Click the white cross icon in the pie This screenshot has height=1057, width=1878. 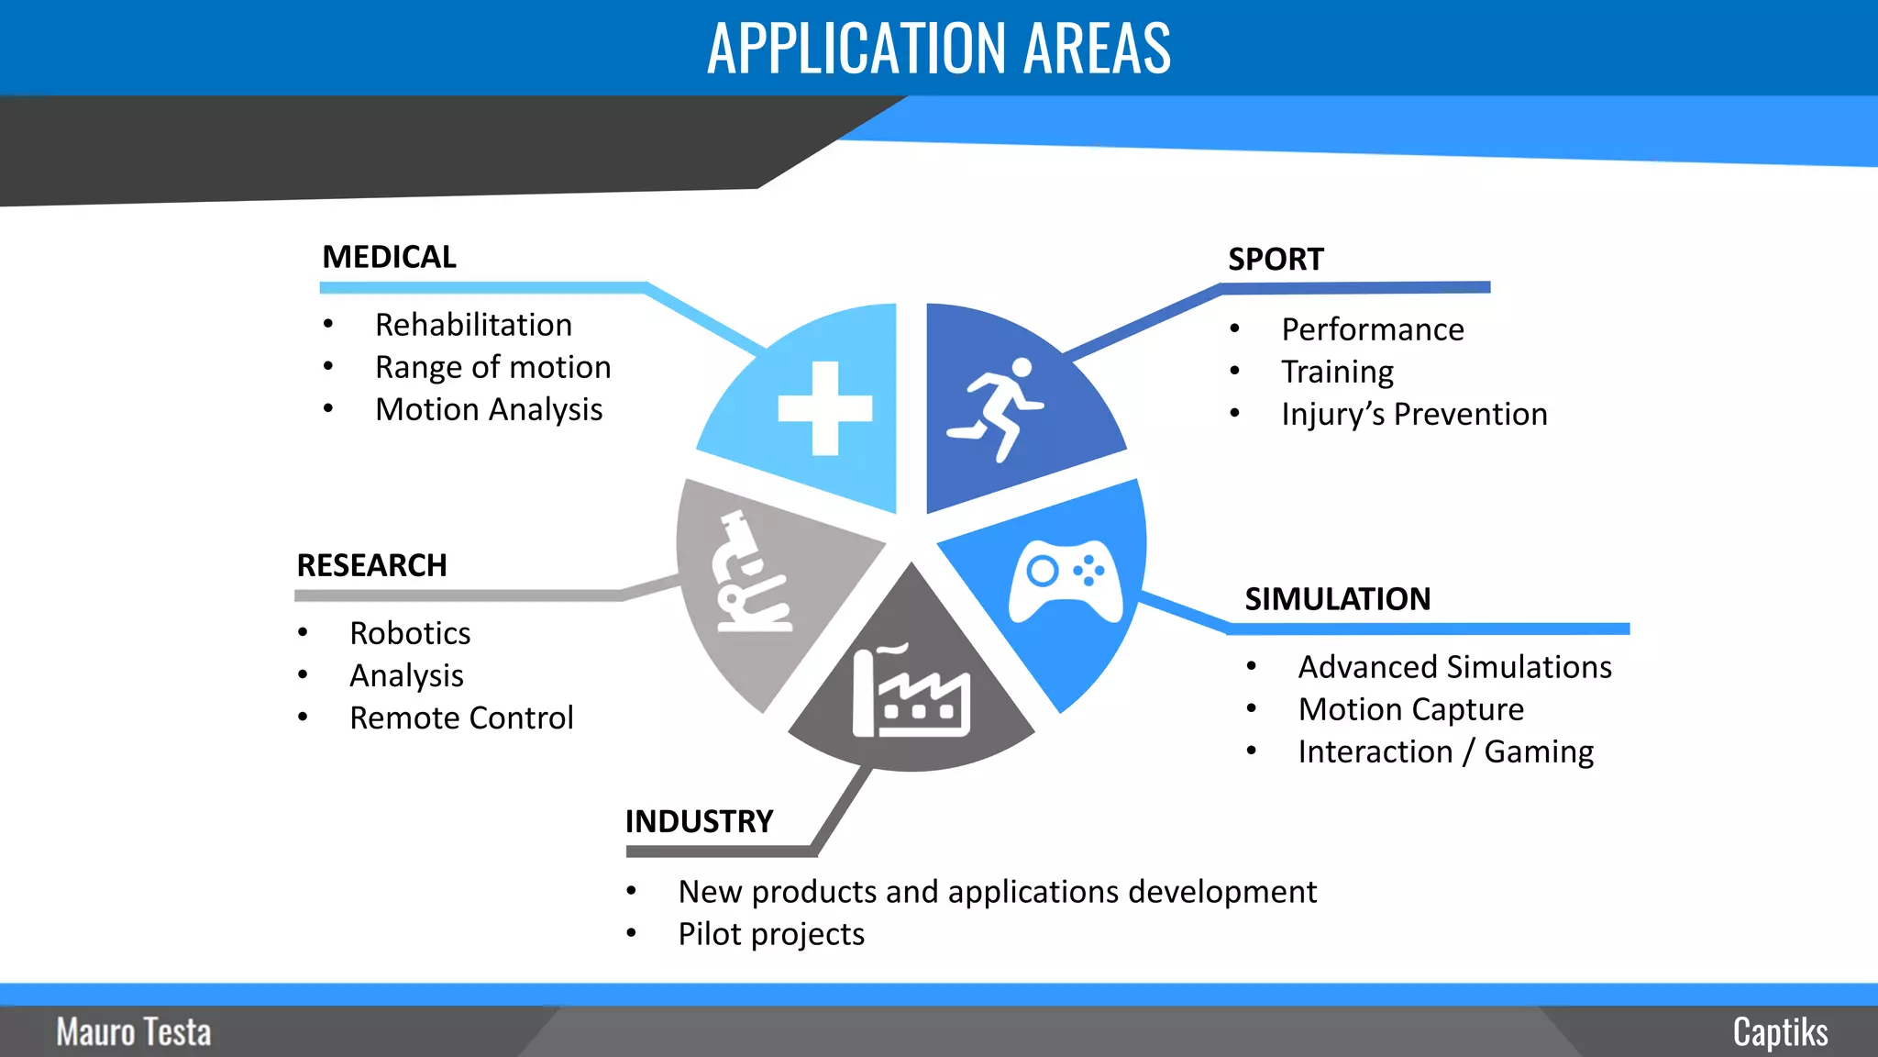coord(824,408)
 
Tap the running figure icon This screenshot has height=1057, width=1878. coord(996,409)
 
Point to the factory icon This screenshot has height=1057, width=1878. coord(911,692)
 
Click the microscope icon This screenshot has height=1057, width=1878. coord(752,573)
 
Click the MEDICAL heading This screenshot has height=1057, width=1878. coord(389,257)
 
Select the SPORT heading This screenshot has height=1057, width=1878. coord(1276,260)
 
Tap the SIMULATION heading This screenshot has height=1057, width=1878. coord(1337,599)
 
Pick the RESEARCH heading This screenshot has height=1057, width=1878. coord(371,565)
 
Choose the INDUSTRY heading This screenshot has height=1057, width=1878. coord(699,821)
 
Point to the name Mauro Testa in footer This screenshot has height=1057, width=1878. coord(134,1032)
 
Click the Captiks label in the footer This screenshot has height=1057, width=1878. coord(1780,1032)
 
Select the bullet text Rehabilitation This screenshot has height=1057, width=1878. coord(473,325)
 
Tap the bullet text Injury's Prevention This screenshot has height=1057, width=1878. coord(1414,414)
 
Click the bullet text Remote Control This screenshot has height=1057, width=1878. coord(461,718)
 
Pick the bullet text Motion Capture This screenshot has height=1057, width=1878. coord(1411,709)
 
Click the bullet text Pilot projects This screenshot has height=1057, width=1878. coord(771,934)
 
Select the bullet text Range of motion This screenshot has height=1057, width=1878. coord(492,367)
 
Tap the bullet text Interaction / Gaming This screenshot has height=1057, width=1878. coord(1446,751)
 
